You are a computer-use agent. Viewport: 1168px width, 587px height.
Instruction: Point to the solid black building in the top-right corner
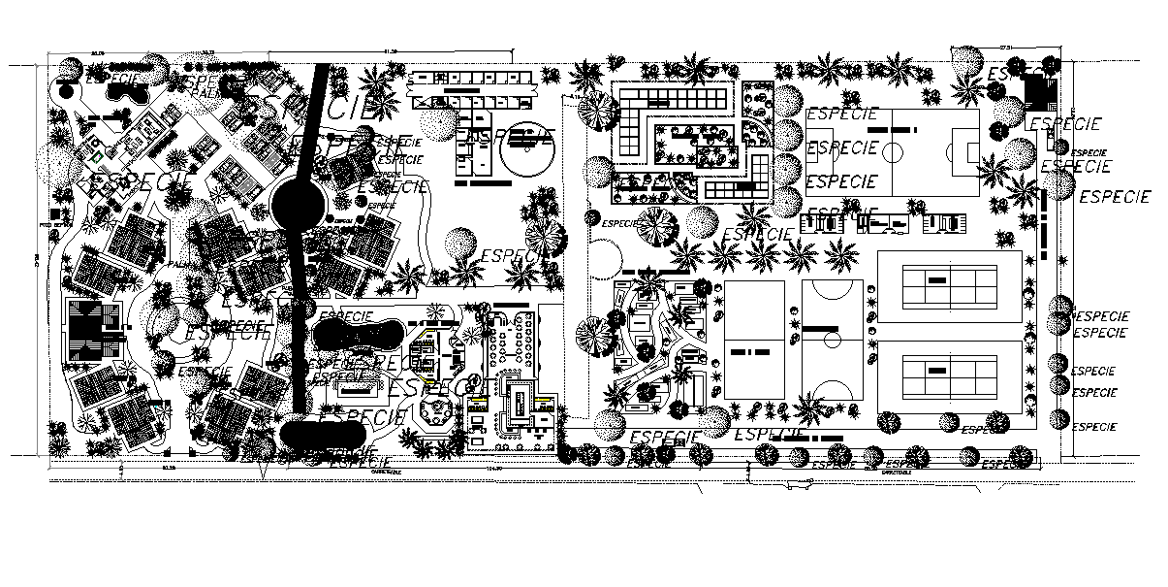(1040, 90)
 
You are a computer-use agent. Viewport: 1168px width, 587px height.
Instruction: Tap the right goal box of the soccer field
(970, 151)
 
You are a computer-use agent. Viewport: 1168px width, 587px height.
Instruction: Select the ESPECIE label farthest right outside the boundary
(1115, 198)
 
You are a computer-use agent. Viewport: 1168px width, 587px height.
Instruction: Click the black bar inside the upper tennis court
(936, 279)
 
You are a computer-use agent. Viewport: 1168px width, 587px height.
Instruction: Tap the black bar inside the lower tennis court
(936, 370)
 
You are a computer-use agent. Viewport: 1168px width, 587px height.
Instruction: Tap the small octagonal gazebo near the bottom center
(434, 412)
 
